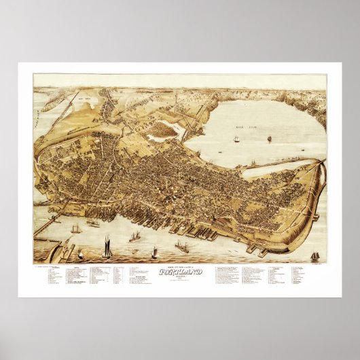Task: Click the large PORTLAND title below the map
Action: (179, 272)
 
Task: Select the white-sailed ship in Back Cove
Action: (237, 139)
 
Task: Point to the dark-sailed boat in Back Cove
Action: (269, 139)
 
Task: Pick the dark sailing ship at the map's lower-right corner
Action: (314, 255)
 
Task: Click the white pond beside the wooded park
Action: (160, 137)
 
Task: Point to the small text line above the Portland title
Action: (179, 266)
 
